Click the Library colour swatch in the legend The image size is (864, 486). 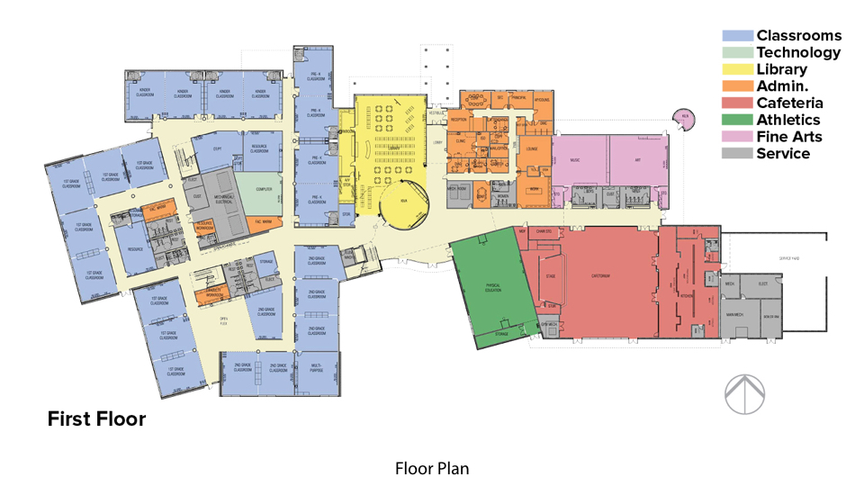click(x=737, y=69)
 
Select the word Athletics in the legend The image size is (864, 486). click(x=787, y=120)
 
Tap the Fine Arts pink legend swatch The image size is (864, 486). click(x=737, y=137)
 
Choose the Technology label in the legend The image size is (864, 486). click(x=798, y=52)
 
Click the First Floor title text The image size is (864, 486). click(x=96, y=419)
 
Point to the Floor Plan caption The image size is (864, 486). click(x=432, y=469)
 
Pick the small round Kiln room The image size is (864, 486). click(x=685, y=119)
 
